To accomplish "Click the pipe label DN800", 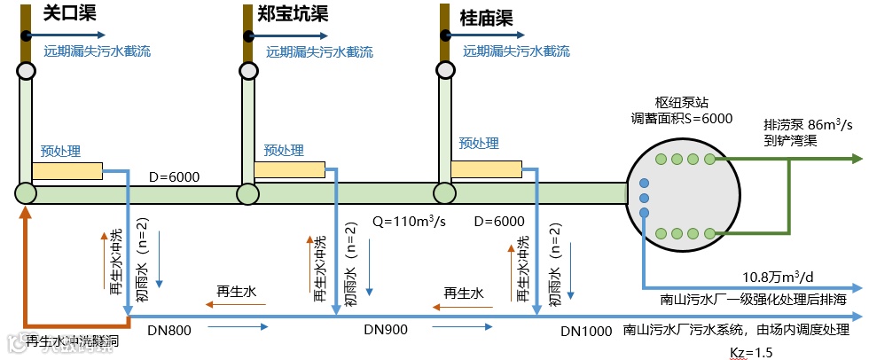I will (169, 331).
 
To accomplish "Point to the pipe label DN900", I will (386, 330).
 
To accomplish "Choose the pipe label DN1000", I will (586, 332).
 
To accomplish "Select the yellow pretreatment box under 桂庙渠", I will (485, 168).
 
